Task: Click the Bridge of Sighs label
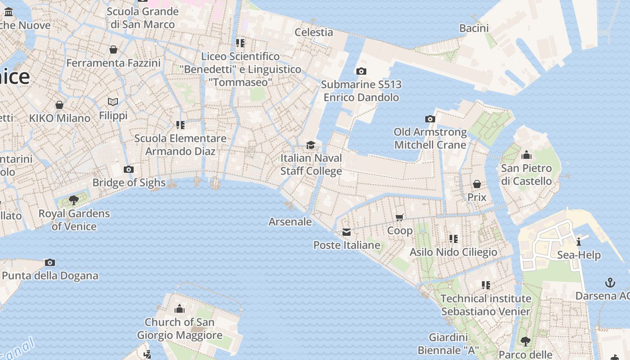pyautogui.click(x=129, y=183)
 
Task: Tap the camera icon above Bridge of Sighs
pyautogui.click(x=129, y=170)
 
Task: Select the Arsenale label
pyautogui.click(x=290, y=221)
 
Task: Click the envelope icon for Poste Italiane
pyautogui.click(x=346, y=232)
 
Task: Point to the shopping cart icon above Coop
pyautogui.click(x=399, y=218)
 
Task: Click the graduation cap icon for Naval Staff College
pyautogui.click(x=310, y=145)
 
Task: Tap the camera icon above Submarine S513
pyautogui.click(x=361, y=72)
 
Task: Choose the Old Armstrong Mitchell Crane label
pyautogui.click(x=430, y=138)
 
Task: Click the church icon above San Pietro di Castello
pyautogui.click(x=526, y=156)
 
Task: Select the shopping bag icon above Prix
pyautogui.click(x=477, y=184)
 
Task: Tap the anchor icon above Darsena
pyautogui.click(x=610, y=283)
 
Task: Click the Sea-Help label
pyautogui.click(x=579, y=255)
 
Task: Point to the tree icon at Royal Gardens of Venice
pyautogui.click(x=74, y=200)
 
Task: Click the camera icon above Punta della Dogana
pyautogui.click(x=50, y=263)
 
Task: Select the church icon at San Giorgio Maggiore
pyautogui.click(x=180, y=309)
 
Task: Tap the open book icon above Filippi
pyautogui.click(x=113, y=102)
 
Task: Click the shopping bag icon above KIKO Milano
pyautogui.click(x=59, y=105)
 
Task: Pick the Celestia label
pyautogui.click(x=314, y=32)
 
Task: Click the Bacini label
pyautogui.click(x=474, y=28)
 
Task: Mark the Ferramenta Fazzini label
pyautogui.click(x=113, y=63)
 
